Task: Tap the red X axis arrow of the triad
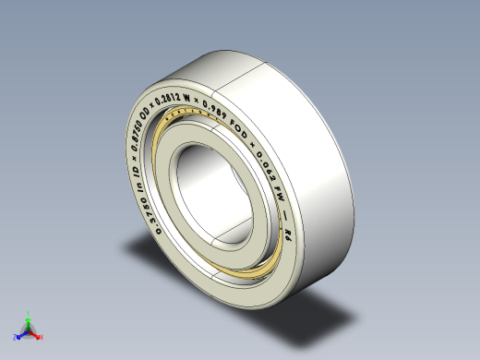pos(35,331)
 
